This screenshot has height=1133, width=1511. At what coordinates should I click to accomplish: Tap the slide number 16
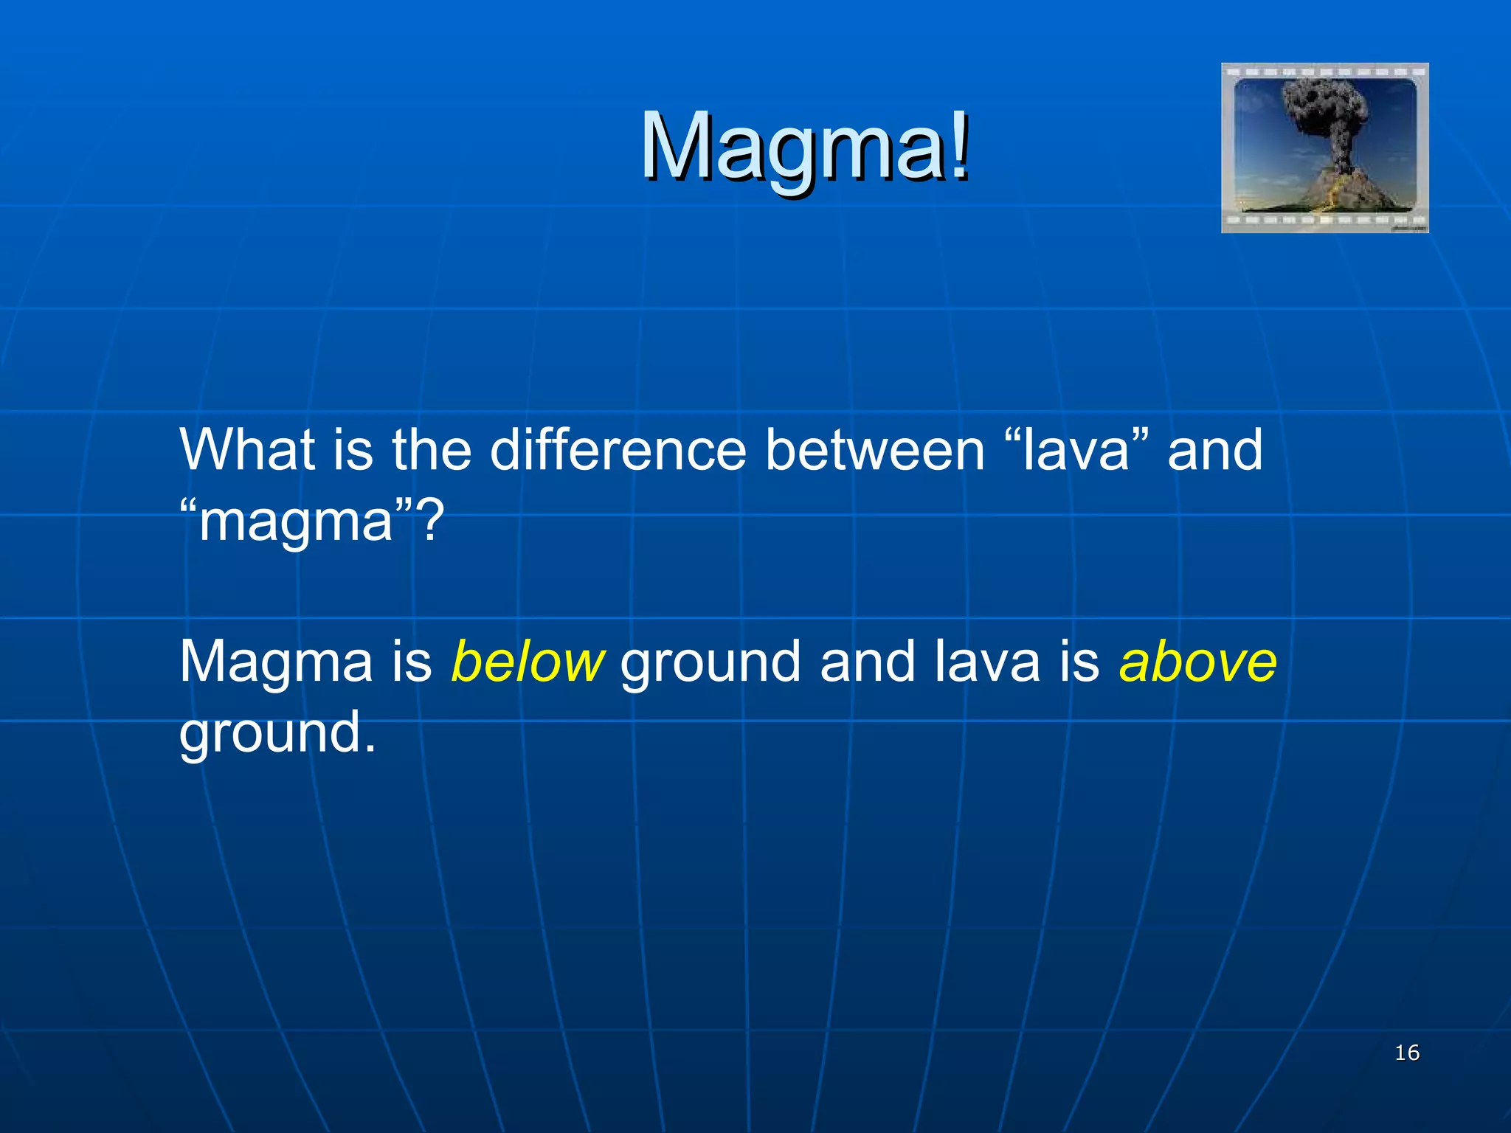1407,1053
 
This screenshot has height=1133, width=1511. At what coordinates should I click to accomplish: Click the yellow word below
527,661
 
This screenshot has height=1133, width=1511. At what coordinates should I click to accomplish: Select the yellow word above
1197,661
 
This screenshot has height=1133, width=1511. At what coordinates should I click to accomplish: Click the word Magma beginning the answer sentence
276,661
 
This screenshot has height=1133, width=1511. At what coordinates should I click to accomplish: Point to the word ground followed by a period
277,734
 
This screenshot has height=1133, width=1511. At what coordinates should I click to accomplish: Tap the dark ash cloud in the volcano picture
1324,111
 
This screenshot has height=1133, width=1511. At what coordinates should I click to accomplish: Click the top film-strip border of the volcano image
1324,72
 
